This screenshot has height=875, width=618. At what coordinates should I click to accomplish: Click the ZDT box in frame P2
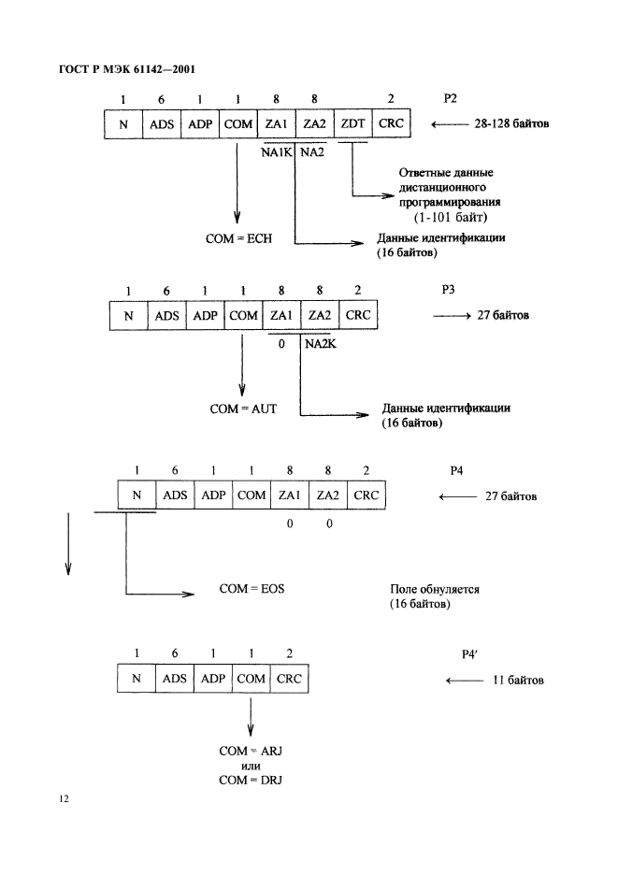pyautogui.click(x=352, y=123)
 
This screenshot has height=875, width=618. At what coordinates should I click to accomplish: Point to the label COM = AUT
pyautogui.click(x=242, y=409)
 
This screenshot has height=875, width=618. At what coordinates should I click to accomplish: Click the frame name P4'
pyautogui.click(x=470, y=655)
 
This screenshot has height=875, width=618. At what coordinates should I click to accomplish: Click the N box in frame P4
pyautogui.click(x=137, y=495)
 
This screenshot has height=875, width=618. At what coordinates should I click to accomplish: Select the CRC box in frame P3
pyautogui.click(x=358, y=315)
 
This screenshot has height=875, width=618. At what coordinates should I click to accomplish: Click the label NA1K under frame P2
pyautogui.click(x=278, y=151)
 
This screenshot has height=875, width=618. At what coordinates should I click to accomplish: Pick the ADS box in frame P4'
pyautogui.click(x=175, y=679)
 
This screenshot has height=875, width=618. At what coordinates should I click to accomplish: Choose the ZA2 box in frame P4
pyautogui.click(x=328, y=495)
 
